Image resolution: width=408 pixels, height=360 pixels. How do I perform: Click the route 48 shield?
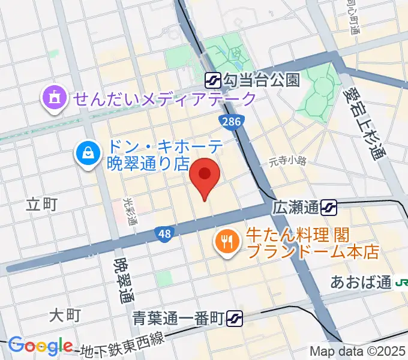[x=163, y=233]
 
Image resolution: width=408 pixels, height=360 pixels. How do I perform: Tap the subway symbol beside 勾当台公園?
[x=213, y=79]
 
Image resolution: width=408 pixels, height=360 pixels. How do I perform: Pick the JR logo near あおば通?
[x=401, y=282]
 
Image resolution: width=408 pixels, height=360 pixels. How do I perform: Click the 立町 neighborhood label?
[x=42, y=204]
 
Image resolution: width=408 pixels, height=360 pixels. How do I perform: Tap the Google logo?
[x=40, y=346]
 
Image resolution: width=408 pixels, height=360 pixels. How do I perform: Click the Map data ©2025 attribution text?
[x=358, y=351]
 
